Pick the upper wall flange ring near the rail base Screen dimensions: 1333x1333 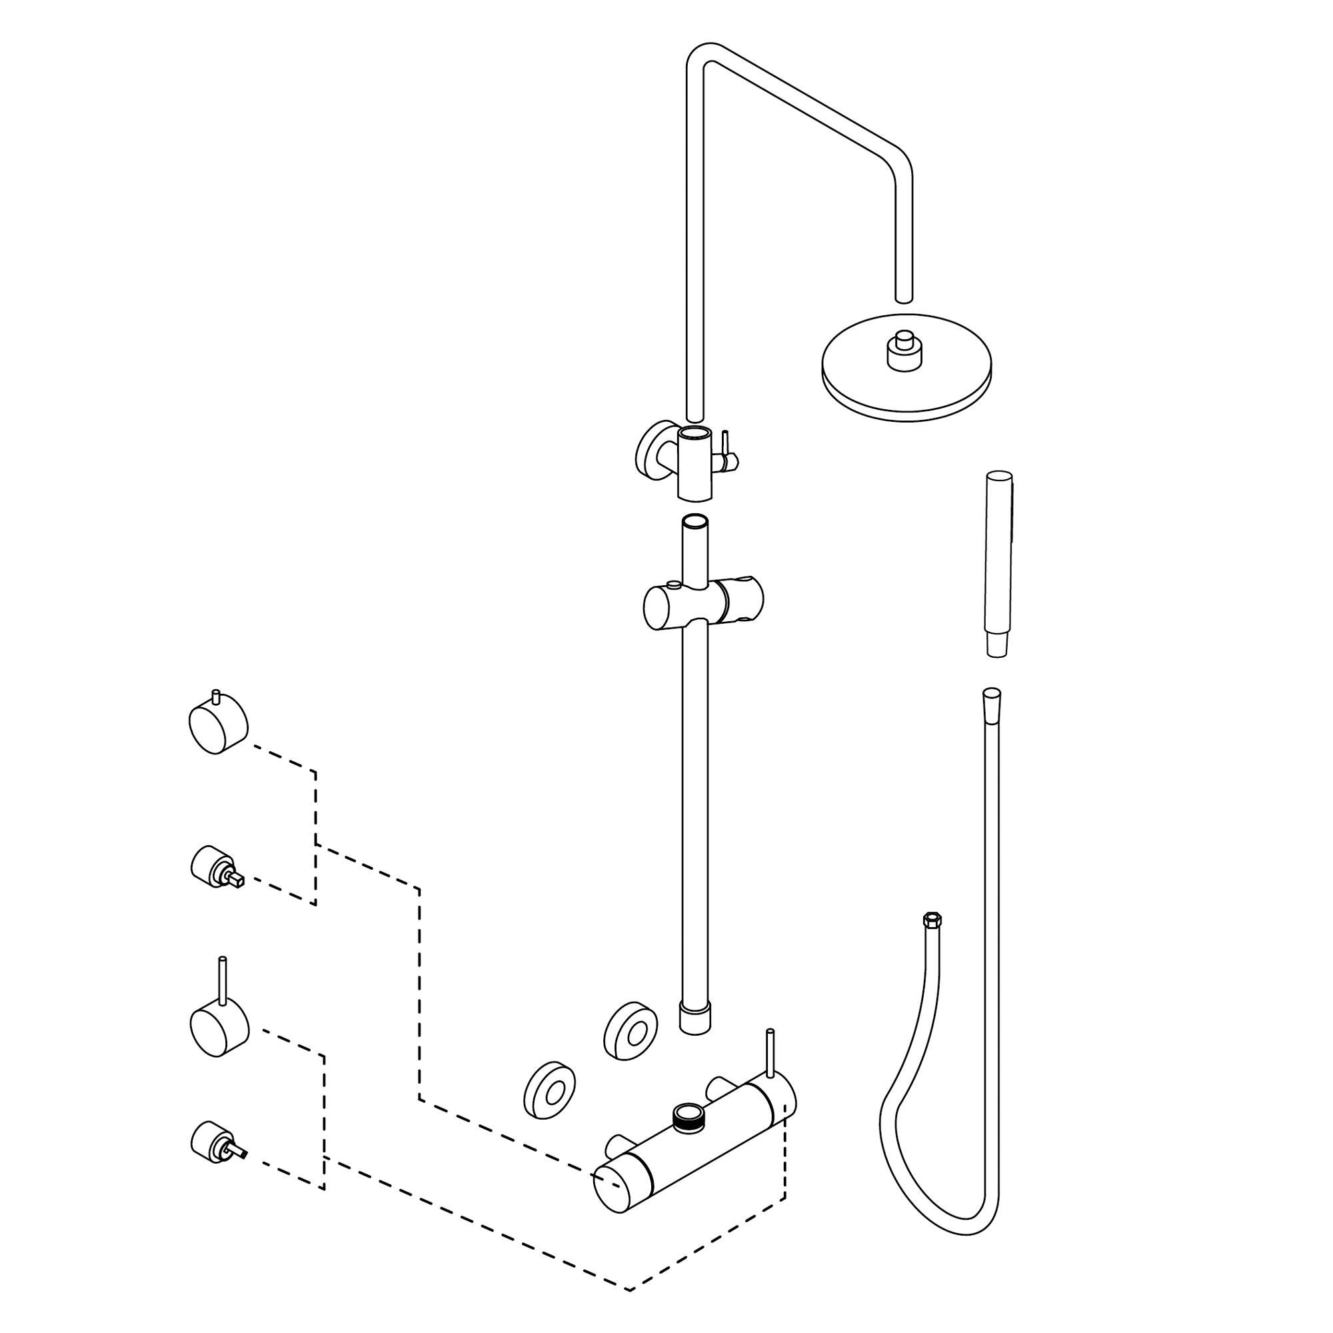tap(630, 1030)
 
